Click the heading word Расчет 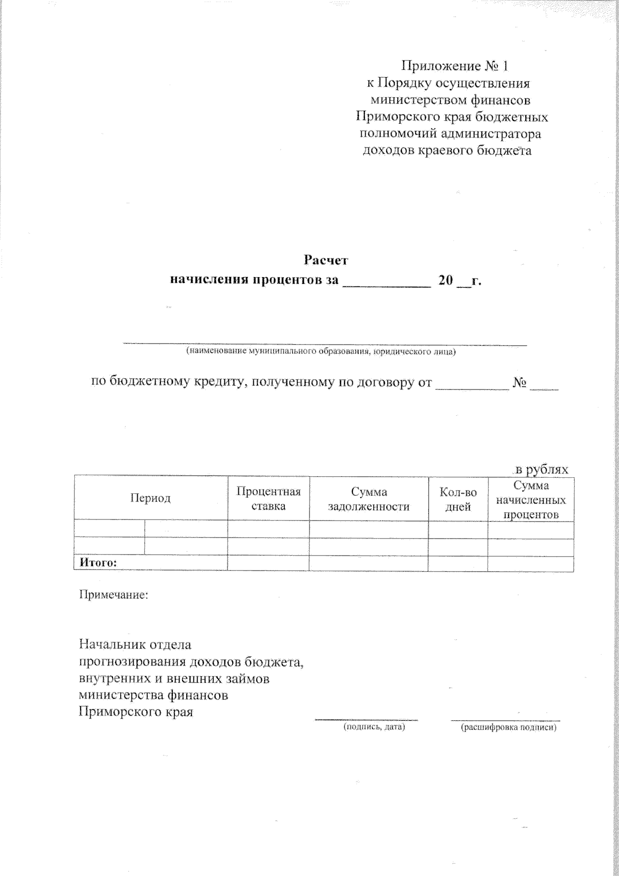click(x=326, y=259)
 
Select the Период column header click(x=150, y=498)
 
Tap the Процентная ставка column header click(x=268, y=498)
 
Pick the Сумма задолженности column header click(x=368, y=499)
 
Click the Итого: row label click(x=98, y=563)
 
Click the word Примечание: click(x=113, y=595)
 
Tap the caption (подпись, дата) click(x=374, y=727)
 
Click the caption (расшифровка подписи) click(x=509, y=727)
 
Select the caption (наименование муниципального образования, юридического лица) click(x=321, y=352)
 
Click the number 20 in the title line click(x=446, y=280)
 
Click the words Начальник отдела click(x=135, y=644)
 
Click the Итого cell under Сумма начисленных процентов click(x=530, y=563)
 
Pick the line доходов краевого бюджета click(x=447, y=151)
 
